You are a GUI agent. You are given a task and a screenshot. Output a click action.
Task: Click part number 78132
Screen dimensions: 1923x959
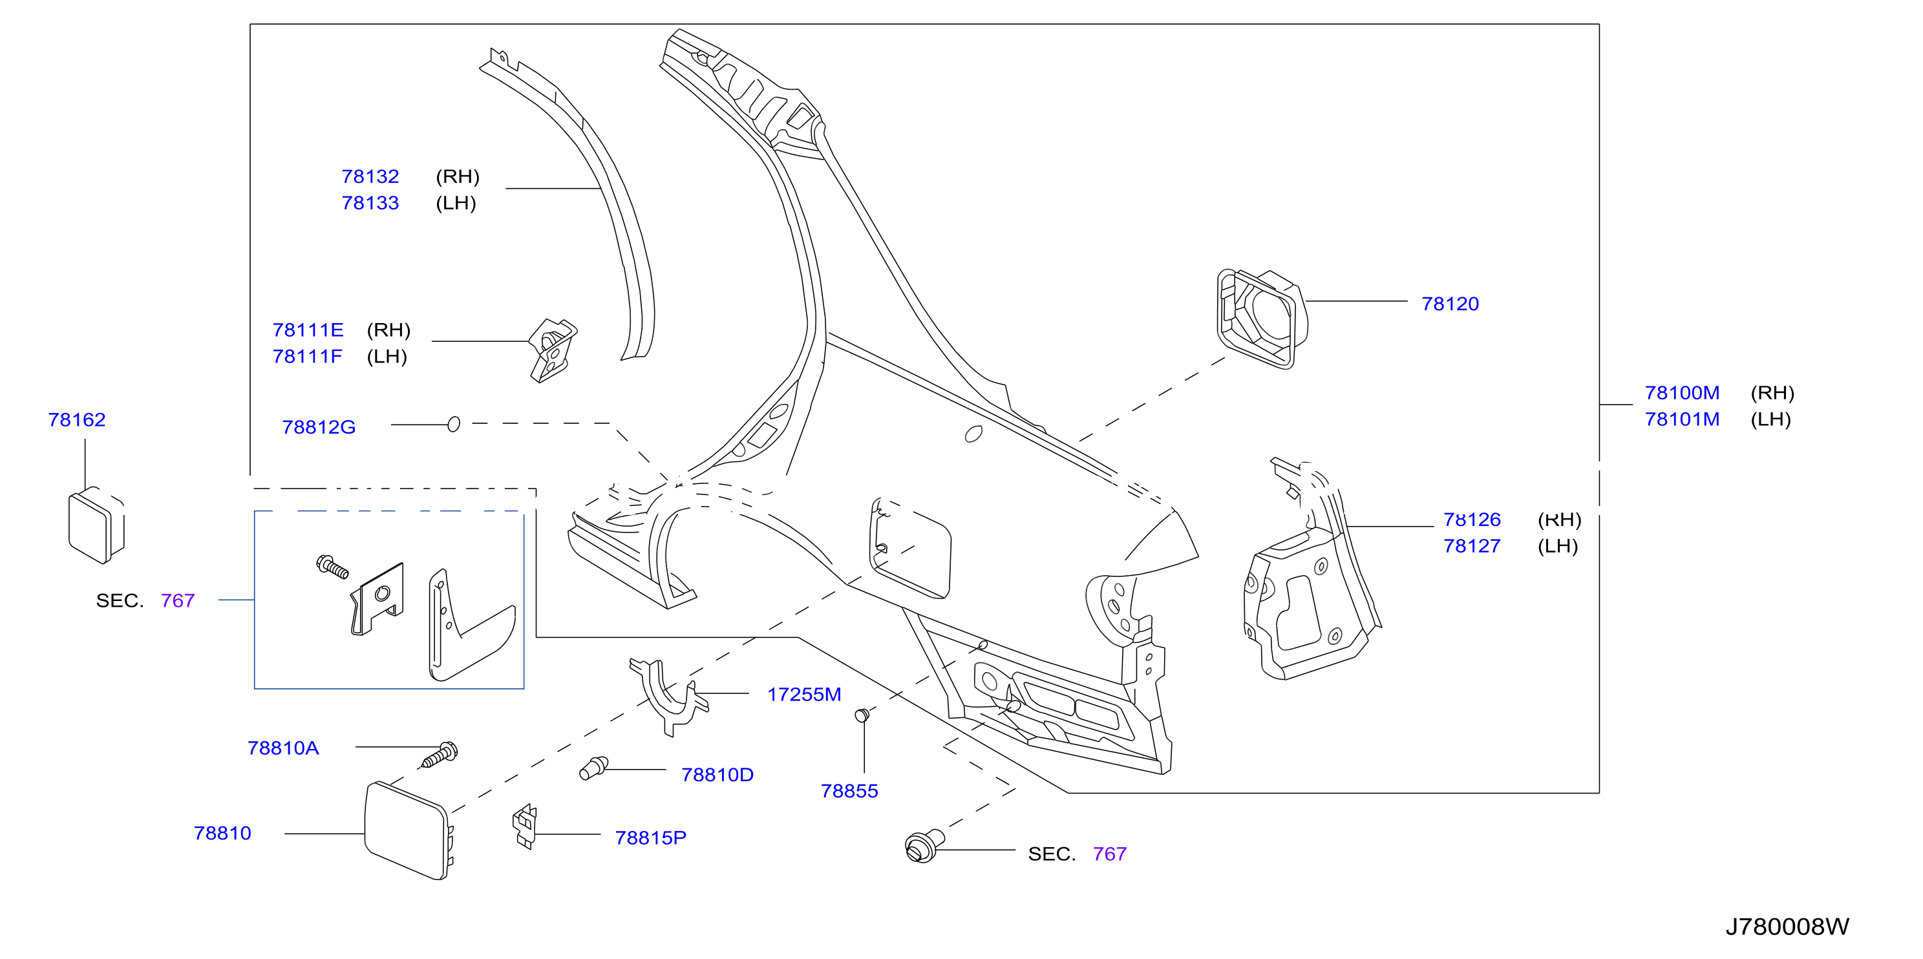coord(370,177)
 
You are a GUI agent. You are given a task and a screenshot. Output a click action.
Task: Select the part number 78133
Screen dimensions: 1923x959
coord(370,203)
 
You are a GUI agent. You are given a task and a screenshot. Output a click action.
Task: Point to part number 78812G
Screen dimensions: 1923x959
coord(319,427)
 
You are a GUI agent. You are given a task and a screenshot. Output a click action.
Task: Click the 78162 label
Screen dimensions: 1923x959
coord(77,419)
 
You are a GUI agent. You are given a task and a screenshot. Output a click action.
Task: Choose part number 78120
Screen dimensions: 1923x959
coord(1450,304)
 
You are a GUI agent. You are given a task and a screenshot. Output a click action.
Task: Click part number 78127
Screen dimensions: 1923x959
coord(1471,545)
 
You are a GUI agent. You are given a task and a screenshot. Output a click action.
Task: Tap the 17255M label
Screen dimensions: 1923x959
coord(804,694)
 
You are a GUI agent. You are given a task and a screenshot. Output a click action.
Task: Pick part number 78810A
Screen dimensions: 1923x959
coord(283,748)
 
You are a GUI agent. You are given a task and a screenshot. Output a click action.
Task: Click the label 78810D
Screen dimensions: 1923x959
coord(717,775)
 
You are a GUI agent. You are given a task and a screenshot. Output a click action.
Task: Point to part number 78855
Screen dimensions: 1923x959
coord(849,791)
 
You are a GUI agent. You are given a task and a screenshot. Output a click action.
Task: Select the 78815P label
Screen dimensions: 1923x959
coord(650,838)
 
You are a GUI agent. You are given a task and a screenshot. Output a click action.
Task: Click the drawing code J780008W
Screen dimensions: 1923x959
coord(1787,927)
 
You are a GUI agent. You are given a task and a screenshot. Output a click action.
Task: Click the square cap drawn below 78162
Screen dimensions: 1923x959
coord(96,525)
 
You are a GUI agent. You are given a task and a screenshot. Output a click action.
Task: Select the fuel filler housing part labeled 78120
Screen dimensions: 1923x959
coord(1262,319)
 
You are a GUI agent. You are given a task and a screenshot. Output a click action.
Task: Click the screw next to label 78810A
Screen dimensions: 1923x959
coord(440,755)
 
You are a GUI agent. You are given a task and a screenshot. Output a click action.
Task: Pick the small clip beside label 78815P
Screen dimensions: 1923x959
coord(525,826)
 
